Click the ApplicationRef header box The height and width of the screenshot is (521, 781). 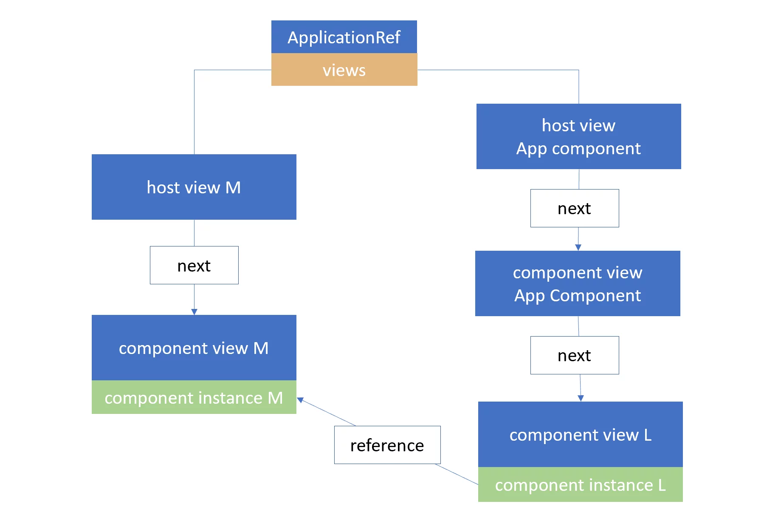(x=344, y=37)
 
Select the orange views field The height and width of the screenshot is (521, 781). (x=344, y=70)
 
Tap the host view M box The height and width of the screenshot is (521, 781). (x=194, y=187)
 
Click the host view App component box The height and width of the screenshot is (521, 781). (x=578, y=136)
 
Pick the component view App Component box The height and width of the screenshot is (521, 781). (x=578, y=283)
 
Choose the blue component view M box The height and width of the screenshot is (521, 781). (x=194, y=348)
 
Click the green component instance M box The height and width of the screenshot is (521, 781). (x=194, y=398)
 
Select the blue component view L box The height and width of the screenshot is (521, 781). (x=580, y=434)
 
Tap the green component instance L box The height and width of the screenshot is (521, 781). (x=580, y=485)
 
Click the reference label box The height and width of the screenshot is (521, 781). (x=387, y=445)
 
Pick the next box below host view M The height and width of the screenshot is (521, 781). (x=194, y=265)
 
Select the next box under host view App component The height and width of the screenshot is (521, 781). (x=575, y=208)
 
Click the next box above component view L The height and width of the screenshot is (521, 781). (x=575, y=355)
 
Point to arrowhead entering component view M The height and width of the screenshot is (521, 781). (x=194, y=312)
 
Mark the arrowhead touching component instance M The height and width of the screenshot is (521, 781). (x=300, y=400)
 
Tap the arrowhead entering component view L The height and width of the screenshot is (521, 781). (x=581, y=398)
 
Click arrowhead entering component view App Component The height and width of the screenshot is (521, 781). (x=578, y=247)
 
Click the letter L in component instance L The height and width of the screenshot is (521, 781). (x=662, y=485)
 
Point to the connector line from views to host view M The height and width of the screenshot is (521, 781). (x=194, y=110)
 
